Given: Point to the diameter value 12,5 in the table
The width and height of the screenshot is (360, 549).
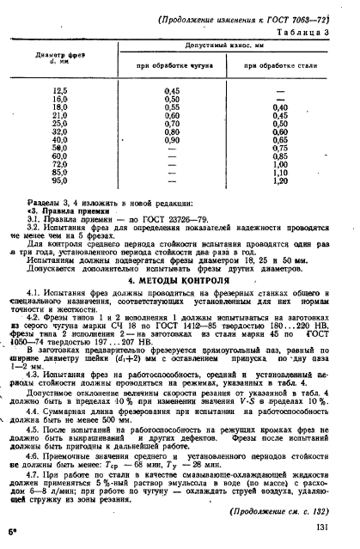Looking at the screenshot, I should (x=60, y=89).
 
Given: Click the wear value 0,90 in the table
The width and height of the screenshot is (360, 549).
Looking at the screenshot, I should (x=171, y=139).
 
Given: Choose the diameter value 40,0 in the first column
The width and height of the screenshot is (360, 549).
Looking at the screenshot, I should (x=60, y=139).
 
